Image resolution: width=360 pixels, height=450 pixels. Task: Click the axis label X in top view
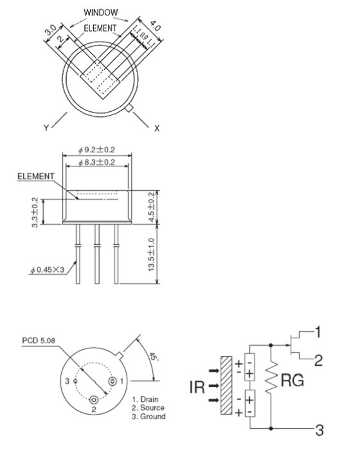click(157, 128)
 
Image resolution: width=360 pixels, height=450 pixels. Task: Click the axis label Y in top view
click(46, 128)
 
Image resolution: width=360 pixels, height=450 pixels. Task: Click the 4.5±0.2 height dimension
click(152, 206)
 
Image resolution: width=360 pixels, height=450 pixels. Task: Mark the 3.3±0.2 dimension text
click(35, 212)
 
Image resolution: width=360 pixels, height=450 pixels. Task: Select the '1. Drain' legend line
click(146, 399)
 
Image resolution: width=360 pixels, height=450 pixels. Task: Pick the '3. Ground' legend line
click(148, 417)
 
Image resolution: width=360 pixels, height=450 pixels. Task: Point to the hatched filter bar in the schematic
click(225, 387)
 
